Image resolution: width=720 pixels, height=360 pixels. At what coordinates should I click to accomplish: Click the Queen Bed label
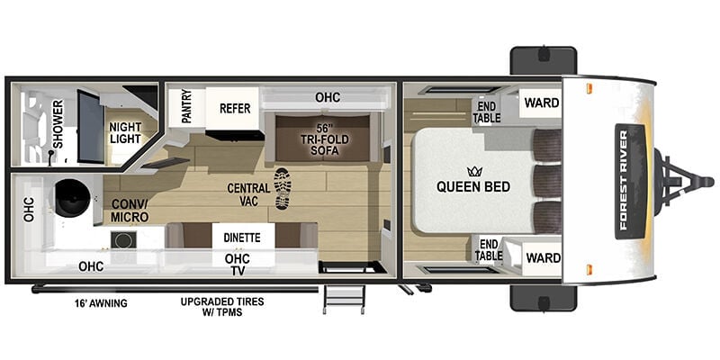coord(473,187)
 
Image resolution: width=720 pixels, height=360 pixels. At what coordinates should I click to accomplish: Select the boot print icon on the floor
coord(283,188)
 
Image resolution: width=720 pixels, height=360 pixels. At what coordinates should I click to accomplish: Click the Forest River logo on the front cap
coord(630,181)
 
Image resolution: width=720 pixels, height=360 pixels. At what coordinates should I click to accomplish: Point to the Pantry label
coord(186,106)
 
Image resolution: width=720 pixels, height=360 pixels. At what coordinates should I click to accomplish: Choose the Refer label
coord(235,108)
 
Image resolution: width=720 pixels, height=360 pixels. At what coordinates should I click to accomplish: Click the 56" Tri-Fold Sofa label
coord(326,139)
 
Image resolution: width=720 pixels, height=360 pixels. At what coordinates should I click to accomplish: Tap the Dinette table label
coord(242,238)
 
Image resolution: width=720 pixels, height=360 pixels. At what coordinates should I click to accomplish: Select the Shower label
coord(58,124)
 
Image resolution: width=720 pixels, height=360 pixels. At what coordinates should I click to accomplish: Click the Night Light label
coord(125,132)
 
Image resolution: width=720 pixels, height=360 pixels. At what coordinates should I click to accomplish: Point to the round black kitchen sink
coord(73,198)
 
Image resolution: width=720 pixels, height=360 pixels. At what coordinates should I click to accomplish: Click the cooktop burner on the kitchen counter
coord(122,239)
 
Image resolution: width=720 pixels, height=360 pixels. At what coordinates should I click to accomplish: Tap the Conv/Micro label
coord(130,211)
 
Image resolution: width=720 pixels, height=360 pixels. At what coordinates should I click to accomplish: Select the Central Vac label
coord(248,194)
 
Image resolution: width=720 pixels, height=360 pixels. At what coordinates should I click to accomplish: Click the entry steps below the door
coord(345,299)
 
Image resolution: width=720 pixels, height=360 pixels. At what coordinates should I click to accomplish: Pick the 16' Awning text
coord(101,303)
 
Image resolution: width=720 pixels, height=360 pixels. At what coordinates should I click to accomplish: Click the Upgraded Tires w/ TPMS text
coord(222,307)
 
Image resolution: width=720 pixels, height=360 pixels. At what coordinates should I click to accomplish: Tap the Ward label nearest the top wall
coord(542,103)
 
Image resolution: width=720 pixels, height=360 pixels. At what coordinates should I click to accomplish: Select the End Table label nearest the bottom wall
coord(487,250)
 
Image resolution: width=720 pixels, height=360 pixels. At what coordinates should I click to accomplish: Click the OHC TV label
coord(238,265)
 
